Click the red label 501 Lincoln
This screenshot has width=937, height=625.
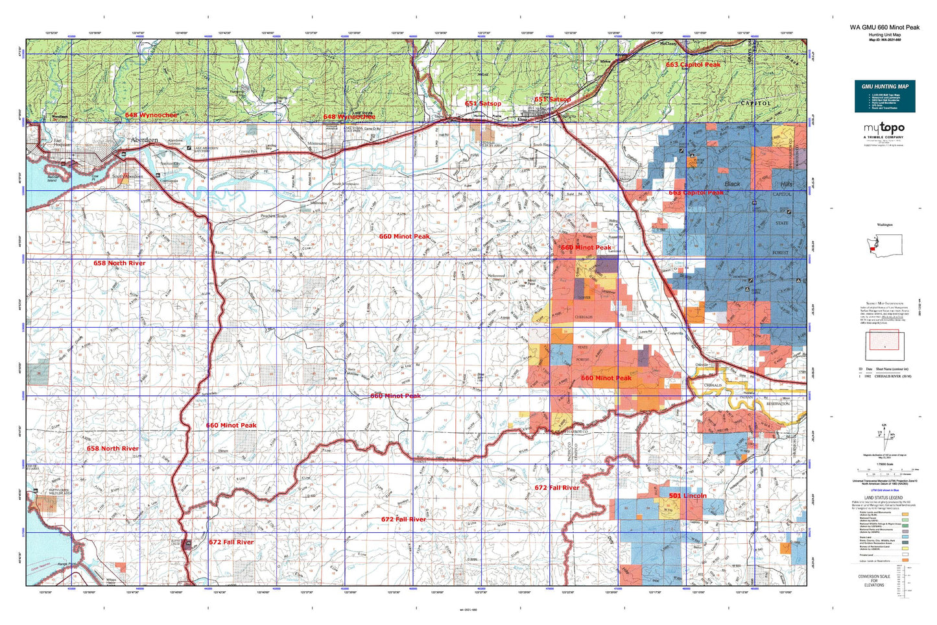coord(687,496)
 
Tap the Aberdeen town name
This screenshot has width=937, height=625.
coord(144,140)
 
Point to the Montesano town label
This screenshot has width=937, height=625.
coord(317,143)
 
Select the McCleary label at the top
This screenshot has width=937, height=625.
coord(668,44)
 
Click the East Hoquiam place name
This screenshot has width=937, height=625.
coord(62,142)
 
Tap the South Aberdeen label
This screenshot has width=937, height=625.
coord(128,177)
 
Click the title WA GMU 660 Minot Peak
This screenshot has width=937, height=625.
coord(884,27)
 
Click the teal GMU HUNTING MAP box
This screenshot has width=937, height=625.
coord(884,96)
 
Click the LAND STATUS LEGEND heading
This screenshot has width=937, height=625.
coord(884,498)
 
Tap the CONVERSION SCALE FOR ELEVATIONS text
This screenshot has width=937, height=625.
coord(873,580)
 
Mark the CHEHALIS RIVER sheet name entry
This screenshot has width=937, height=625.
coord(892,376)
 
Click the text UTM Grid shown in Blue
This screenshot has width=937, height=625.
coord(884,489)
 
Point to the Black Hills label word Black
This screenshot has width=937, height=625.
coord(733,184)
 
